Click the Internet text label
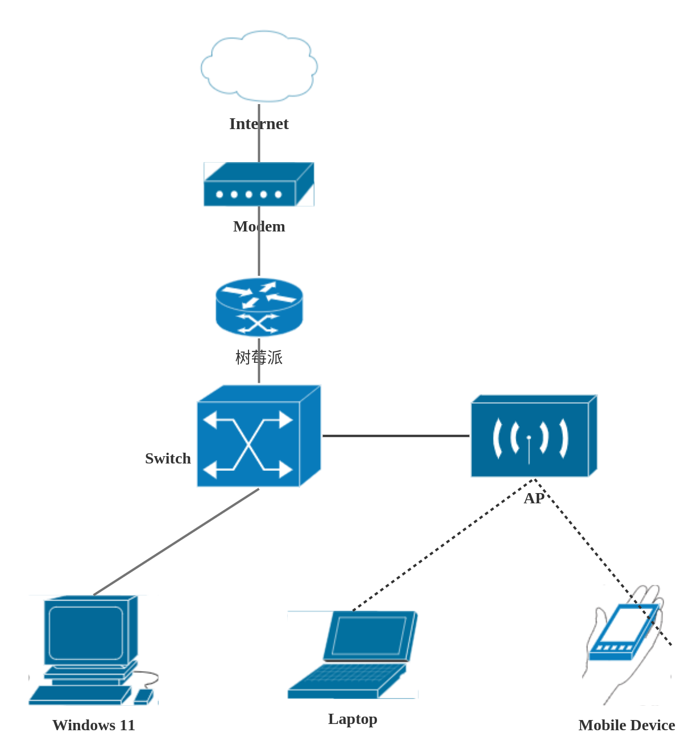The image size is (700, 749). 259,124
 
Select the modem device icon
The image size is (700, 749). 259,185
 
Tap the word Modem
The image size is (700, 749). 259,226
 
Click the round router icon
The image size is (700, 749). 259,307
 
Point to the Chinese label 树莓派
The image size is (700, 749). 259,357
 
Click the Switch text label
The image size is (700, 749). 168,458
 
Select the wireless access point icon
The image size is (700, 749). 533,436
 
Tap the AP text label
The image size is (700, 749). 533,499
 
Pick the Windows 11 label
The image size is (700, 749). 94,725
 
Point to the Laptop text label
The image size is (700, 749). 353,719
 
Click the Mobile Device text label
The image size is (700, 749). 627,725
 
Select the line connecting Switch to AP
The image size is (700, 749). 396,436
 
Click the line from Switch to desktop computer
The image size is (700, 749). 176,542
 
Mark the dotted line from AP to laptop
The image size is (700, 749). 444,544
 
